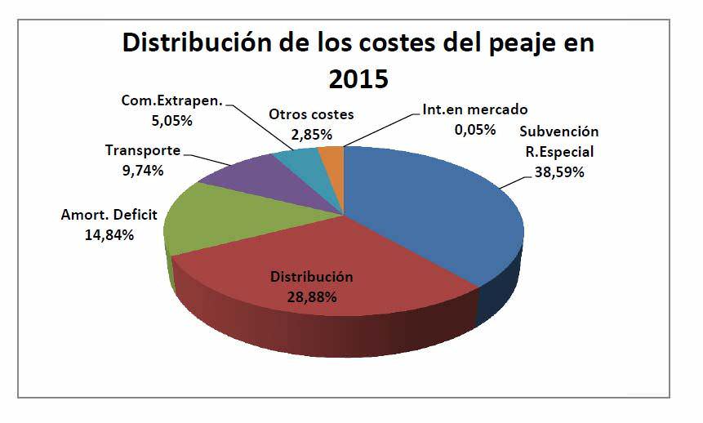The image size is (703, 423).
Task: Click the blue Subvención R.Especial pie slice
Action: pos(433,212)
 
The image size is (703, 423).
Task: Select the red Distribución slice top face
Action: pos(327,269)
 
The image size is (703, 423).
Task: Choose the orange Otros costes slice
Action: pos(331,153)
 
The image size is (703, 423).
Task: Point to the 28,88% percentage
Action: pos(311,296)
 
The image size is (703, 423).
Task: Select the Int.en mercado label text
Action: pos(475,109)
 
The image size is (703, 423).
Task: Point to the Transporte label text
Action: pos(143,151)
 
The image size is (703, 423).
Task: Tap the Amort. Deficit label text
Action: pos(109,216)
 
